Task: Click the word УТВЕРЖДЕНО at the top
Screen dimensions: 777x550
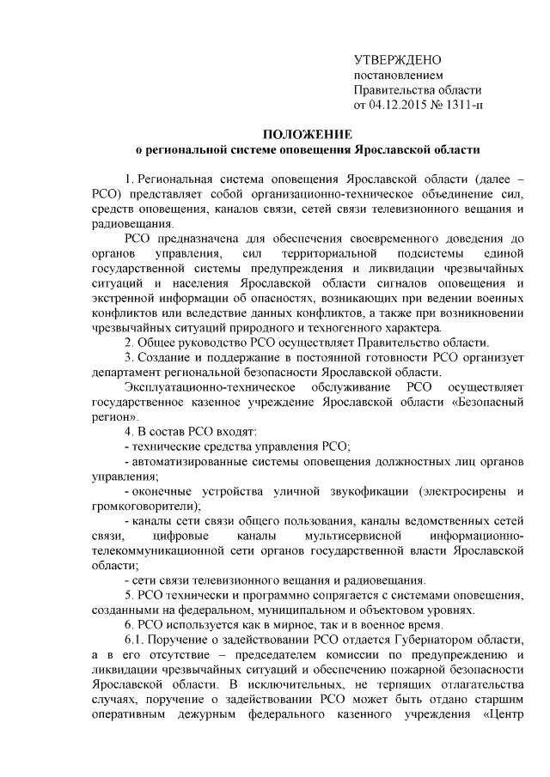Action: tap(397, 60)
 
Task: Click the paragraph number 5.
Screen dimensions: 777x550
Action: tap(129, 595)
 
